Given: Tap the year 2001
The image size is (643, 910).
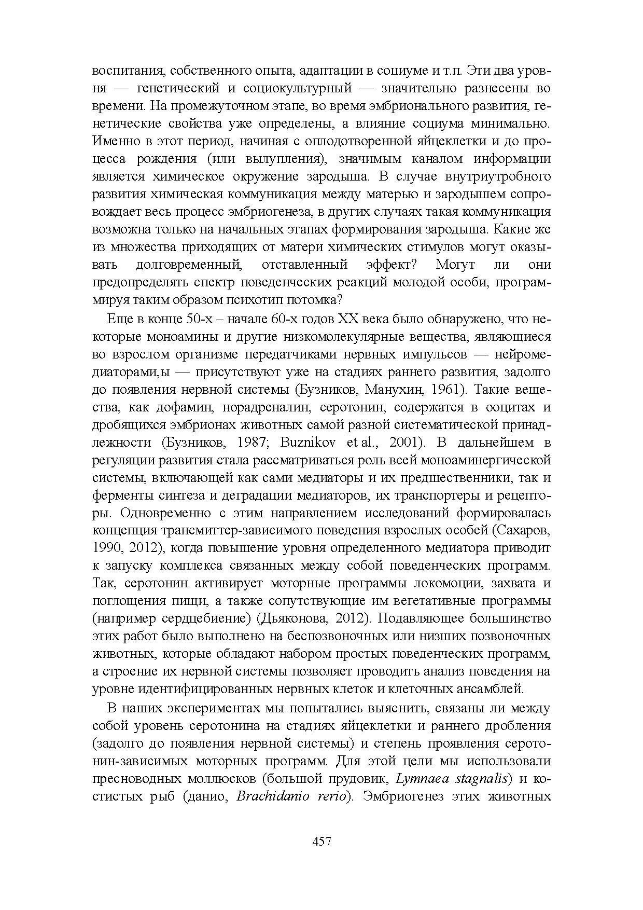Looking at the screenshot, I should pos(403,443).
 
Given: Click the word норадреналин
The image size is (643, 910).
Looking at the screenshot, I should pos(270,407).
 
